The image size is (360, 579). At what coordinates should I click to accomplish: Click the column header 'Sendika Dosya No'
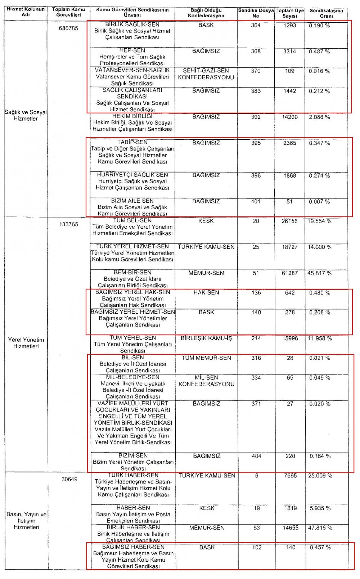coord(256,13)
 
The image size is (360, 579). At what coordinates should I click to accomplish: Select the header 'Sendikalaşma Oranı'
coord(326,13)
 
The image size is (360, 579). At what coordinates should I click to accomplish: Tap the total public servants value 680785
coord(68,28)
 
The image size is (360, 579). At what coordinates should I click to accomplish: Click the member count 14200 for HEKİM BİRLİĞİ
coord(290,117)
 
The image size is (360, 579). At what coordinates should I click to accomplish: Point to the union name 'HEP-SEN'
coord(132,50)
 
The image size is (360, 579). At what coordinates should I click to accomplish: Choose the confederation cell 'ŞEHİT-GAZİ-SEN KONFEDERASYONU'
coord(206,74)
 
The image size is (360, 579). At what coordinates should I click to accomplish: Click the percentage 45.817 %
coord(319,273)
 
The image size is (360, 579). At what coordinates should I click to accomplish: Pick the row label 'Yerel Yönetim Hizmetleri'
coord(26,343)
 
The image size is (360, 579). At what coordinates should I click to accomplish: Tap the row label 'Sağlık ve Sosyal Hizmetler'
coord(26,115)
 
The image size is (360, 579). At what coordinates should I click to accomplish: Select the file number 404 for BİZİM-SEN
coord(256,456)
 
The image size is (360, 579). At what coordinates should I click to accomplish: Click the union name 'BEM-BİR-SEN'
coord(132,273)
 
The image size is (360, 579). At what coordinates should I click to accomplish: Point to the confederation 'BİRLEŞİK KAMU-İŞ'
coord(206,338)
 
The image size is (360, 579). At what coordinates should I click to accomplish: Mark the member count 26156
coord(290,221)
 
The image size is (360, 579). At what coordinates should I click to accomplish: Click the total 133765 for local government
coord(68,224)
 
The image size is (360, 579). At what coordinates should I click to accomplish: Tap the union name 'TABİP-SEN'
coord(132,142)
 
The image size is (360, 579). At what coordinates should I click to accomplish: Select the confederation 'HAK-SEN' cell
coord(206,293)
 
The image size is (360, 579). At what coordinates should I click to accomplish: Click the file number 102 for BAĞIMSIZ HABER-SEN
coord(257,547)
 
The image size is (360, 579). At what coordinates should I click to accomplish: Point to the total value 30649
coord(69,479)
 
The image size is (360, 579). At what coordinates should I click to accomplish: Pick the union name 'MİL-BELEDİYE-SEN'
coord(133,377)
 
